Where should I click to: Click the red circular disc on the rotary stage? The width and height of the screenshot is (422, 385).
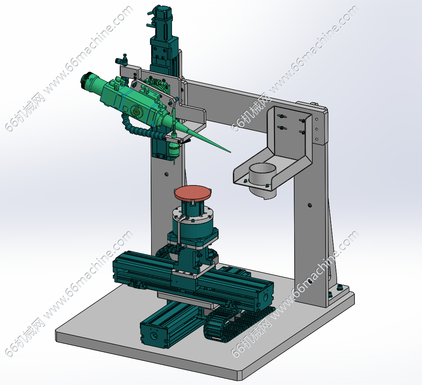coord(193,193)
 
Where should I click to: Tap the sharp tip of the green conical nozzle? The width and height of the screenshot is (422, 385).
coord(230,152)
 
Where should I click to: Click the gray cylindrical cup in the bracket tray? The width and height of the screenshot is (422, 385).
coord(263,179)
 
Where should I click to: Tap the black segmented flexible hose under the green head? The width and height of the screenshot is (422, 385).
coord(140,129)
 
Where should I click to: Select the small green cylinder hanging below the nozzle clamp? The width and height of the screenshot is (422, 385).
coord(174,150)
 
